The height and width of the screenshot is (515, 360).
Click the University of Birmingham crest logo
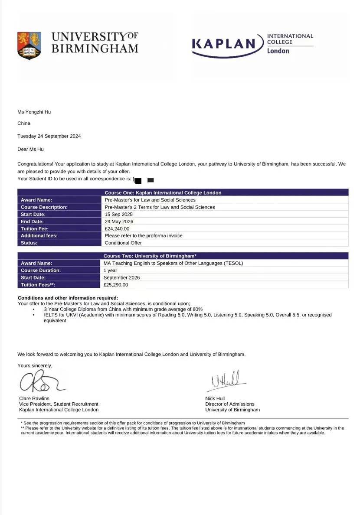click(29, 45)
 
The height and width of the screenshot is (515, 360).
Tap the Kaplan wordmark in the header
click(224, 44)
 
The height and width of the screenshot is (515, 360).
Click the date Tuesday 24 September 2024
click(49, 136)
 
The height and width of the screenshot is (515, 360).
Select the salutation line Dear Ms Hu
click(30, 149)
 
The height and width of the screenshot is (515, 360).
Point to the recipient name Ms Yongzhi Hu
click(34, 112)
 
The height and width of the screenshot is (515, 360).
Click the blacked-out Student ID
click(144, 179)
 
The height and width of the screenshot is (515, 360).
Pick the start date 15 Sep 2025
click(119, 214)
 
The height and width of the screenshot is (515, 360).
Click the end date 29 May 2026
click(119, 222)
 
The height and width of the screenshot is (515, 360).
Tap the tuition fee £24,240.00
click(117, 228)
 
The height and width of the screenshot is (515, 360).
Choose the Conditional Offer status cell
click(123, 243)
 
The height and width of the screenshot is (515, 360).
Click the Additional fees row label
click(39, 236)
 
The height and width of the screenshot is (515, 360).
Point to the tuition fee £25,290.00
click(116, 285)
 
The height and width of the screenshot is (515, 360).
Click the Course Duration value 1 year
click(110, 271)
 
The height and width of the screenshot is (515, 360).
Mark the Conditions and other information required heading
click(68, 298)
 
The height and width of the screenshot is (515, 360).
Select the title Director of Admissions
click(230, 404)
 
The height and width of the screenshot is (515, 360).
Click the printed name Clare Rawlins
click(34, 398)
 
